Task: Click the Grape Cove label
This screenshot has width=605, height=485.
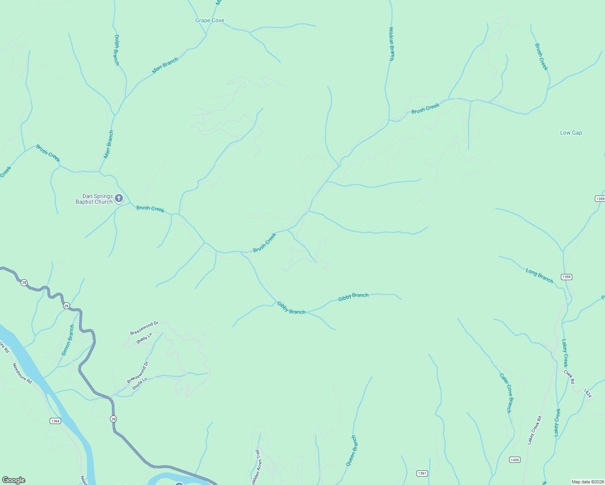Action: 209,21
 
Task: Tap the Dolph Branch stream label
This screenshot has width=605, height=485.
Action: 116,50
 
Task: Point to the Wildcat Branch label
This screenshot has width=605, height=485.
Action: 391,44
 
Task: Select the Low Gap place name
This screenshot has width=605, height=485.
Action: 571,133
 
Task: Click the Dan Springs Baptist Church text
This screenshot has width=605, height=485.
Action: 94,199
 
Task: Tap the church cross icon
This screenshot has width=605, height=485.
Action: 119,198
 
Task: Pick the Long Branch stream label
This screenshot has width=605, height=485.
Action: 539,275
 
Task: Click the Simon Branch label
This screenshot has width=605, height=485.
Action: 68,340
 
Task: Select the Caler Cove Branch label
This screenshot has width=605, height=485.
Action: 506,393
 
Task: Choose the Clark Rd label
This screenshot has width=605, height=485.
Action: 569,377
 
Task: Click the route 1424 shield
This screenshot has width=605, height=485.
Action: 588,393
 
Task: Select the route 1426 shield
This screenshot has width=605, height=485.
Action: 514,460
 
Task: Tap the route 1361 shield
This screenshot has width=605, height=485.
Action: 422,473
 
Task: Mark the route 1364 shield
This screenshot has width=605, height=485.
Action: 55,421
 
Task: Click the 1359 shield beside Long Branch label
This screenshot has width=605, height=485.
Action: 566,277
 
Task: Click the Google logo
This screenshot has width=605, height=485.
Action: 13,480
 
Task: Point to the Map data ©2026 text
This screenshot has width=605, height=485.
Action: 587,482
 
